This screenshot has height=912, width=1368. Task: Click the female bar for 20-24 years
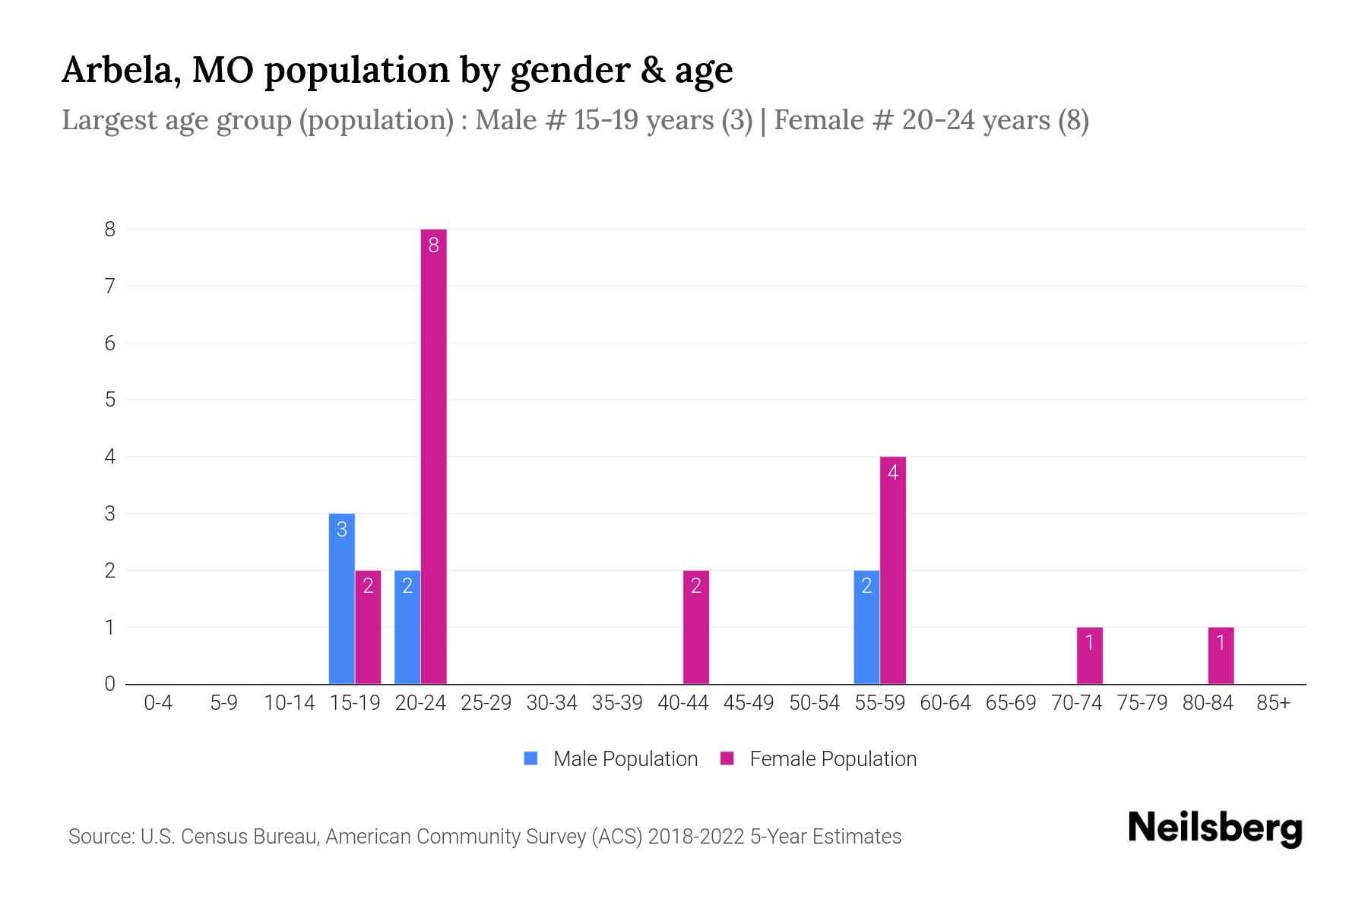[433, 456]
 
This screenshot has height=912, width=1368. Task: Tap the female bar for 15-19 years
[368, 627]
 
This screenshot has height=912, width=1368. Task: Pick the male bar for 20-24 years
[407, 627]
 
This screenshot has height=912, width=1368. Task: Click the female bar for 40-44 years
[695, 627]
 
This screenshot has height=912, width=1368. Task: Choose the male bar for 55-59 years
[866, 627]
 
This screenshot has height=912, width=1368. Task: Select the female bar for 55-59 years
[893, 570]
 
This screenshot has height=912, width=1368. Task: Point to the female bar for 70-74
[1089, 655]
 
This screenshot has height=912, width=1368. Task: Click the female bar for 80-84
[1221, 655]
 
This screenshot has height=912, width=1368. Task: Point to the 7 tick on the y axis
[110, 287]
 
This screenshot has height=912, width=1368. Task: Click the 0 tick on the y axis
[110, 684]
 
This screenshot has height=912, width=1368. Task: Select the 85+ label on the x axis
[1273, 703]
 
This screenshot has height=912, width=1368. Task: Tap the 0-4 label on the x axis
[158, 703]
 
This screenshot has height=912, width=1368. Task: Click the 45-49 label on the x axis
[749, 703]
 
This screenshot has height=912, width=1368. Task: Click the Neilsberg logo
[1214, 828]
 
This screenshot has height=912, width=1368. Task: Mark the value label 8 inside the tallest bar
[433, 245]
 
